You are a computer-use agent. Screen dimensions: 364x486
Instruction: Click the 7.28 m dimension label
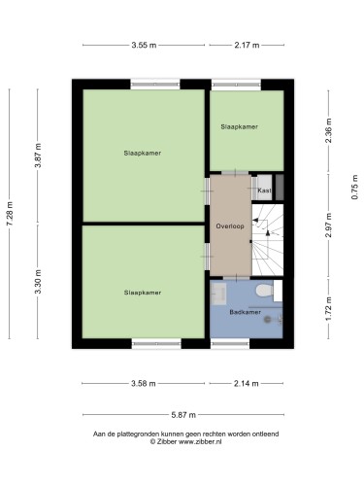pyautogui.click(x=10, y=214)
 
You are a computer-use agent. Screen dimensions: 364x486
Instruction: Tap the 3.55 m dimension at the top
pyautogui.click(x=144, y=45)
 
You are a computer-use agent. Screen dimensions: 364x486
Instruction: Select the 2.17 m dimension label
pyautogui.click(x=247, y=45)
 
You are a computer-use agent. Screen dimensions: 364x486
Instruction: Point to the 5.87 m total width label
pyautogui.click(x=183, y=415)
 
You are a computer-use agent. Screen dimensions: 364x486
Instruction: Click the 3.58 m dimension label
pyautogui.click(x=144, y=384)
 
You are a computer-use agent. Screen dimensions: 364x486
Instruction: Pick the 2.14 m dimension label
pyautogui.click(x=247, y=384)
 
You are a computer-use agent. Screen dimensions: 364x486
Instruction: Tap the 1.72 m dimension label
pyautogui.click(x=328, y=308)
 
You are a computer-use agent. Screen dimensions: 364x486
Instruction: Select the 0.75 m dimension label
pyautogui.click(x=355, y=187)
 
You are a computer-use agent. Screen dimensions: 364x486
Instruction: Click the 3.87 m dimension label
pyautogui.click(x=38, y=156)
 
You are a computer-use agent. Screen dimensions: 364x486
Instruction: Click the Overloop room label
pyautogui.click(x=230, y=226)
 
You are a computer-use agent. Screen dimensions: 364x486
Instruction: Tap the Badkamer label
pyautogui.click(x=245, y=312)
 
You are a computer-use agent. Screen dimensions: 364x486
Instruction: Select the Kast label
pyautogui.click(x=264, y=191)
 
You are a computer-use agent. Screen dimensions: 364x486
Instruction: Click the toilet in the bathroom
pyautogui.click(x=264, y=291)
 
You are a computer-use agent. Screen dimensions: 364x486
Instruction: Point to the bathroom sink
pyautogui.click(x=219, y=294)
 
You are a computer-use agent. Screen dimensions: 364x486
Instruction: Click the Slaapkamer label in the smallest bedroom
pyautogui.click(x=240, y=126)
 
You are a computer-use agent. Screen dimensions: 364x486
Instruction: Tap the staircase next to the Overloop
pyautogui.click(x=268, y=240)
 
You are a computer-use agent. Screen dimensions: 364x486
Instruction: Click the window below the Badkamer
pyautogui.click(x=230, y=343)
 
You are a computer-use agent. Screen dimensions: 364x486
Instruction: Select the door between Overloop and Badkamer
pyautogui.click(x=237, y=278)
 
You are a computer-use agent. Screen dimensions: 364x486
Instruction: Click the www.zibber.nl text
pyautogui.click(x=200, y=441)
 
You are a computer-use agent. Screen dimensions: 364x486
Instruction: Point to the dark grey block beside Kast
pyautogui.click(x=280, y=188)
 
